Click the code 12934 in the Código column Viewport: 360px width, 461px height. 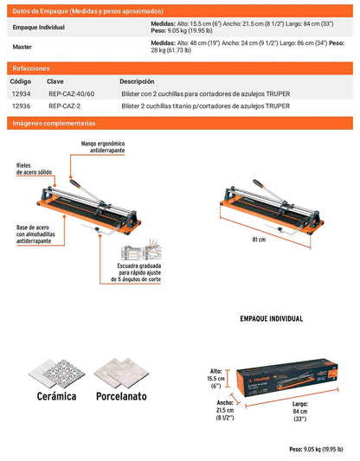[21, 93]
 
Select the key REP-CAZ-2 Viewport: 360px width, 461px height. [64, 106]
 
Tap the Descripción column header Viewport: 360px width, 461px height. [137, 81]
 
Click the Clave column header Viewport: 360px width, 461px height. [55, 81]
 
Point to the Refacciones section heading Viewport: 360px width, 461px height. [31, 68]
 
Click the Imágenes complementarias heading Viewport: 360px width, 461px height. [54, 123]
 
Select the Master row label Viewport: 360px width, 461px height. [22, 47]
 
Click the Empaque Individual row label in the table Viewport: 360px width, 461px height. [39, 28]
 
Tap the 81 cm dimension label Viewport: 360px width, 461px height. [259, 240]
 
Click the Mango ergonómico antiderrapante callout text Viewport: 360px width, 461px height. [103, 147]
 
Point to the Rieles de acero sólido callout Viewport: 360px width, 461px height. [34, 169]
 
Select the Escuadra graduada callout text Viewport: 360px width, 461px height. [136, 272]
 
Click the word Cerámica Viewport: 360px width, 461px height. [56, 396]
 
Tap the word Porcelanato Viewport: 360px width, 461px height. [121, 396]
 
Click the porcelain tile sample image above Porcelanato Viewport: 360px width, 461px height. [121, 373]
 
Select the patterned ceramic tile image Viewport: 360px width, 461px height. [57, 374]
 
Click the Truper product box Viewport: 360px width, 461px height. [286, 377]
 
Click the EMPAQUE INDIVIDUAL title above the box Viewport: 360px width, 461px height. [272, 318]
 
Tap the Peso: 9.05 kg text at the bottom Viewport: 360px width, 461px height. [316, 449]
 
